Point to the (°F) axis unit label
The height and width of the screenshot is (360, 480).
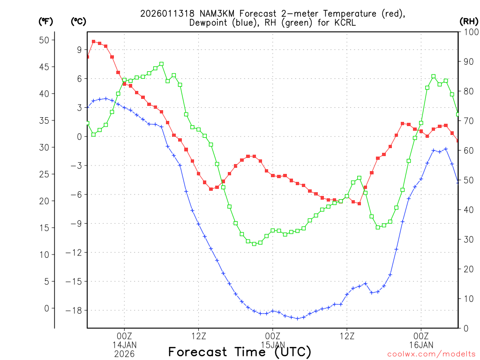tap(46, 21)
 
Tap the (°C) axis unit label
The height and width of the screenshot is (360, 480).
tap(78, 21)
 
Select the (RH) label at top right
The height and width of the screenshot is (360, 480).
tap(469, 21)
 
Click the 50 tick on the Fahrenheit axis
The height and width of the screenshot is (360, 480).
tap(44, 40)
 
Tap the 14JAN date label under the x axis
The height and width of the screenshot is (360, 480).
tap(124, 345)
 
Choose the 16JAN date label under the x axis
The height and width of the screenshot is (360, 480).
tap(421, 345)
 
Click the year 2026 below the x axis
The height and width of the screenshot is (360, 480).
tap(124, 354)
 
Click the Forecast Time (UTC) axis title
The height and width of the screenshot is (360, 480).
tap(240, 352)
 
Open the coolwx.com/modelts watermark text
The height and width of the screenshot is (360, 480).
tap(431, 354)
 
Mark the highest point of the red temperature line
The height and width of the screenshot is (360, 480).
tap(94, 42)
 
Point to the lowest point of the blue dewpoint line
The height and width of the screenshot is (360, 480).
tap(297, 319)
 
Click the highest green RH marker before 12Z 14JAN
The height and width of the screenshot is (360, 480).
tap(161, 64)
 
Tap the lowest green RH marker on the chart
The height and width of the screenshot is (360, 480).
tap(254, 244)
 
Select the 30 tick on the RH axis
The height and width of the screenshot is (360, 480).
tap(468, 239)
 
